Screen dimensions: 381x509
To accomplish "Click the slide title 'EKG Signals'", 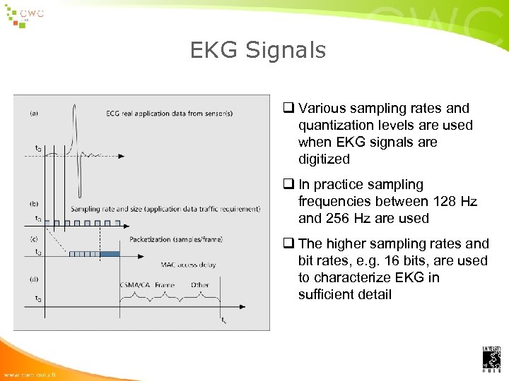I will pyautogui.click(x=258, y=50).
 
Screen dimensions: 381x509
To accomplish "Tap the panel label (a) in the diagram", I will pyautogui.click(x=35, y=111).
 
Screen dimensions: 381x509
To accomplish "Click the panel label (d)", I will pyautogui.click(x=35, y=279).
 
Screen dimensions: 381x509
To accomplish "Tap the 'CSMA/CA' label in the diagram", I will pyautogui.click(x=134, y=285).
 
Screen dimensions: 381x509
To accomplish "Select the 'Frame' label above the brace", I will pyautogui.click(x=164, y=285).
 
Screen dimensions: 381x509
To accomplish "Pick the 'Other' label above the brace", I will pyautogui.click(x=199, y=285).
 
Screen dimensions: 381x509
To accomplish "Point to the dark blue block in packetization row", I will pyautogui.click(x=110, y=253).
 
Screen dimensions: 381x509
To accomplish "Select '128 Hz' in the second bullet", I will pyautogui.click(x=454, y=202).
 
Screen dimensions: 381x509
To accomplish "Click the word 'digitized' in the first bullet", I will pyautogui.click(x=324, y=159).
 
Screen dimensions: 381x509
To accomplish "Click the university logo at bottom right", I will pyautogui.click(x=491, y=359).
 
